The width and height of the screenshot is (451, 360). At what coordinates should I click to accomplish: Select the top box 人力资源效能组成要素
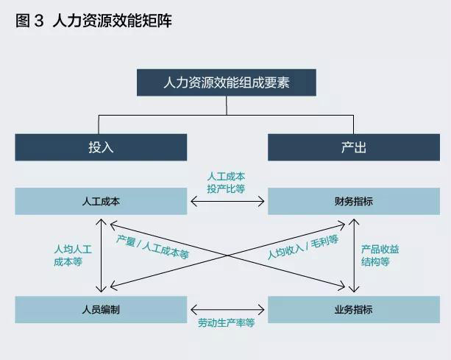[226, 82]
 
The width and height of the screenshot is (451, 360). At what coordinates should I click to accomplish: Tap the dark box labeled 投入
[101, 147]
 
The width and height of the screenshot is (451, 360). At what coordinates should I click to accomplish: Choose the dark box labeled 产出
[353, 147]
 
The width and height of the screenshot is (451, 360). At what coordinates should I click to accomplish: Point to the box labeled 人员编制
[101, 310]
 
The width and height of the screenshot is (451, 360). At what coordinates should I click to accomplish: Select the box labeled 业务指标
[353, 310]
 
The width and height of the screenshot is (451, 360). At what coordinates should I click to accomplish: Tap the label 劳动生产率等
[226, 323]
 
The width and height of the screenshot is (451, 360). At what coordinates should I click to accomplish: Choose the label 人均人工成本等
[72, 255]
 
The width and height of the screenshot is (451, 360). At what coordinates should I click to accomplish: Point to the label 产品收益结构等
[380, 255]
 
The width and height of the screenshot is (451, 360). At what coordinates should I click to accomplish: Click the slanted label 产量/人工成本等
[153, 248]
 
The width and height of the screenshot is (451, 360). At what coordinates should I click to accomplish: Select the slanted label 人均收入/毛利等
[302, 248]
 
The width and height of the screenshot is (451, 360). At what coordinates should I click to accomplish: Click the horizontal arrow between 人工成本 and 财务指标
[227, 201]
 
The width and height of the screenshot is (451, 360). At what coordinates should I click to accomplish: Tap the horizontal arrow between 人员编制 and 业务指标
[227, 309]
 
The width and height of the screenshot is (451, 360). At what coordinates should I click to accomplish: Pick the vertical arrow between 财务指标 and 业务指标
[354, 255]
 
